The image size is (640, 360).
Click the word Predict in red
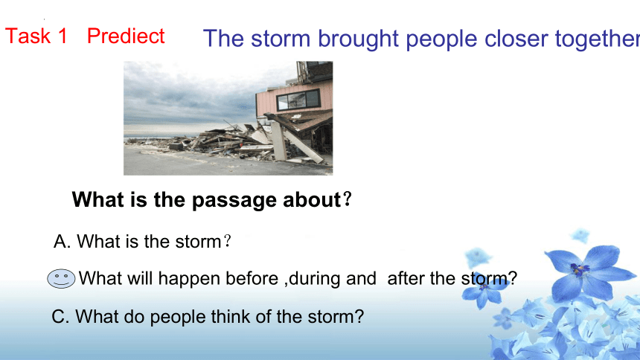click(x=126, y=36)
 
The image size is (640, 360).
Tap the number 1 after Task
click(x=63, y=36)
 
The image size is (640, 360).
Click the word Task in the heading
click(x=28, y=36)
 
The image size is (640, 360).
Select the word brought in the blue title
click(x=358, y=39)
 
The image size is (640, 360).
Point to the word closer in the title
click(x=516, y=39)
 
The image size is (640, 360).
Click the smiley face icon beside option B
click(x=61, y=279)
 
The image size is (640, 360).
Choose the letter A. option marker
click(x=62, y=242)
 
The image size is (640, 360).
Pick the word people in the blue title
click(x=441, y=39)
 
